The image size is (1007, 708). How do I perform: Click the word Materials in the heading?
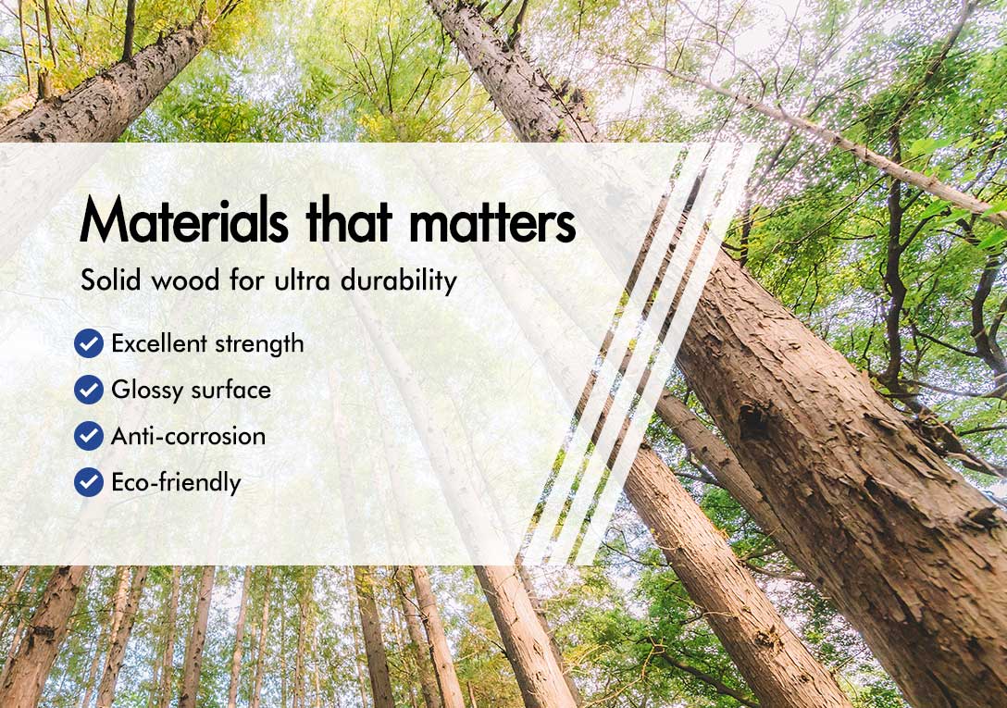[184, 219]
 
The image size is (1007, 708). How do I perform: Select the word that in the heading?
[349, 219]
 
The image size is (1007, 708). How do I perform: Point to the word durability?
[398, 280]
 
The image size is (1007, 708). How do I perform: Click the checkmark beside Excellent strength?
[89, 343]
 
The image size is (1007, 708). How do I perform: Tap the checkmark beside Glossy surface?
[89, 390]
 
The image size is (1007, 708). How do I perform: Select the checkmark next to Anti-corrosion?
[89, 436]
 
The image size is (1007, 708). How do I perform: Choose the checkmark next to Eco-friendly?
[89, 482]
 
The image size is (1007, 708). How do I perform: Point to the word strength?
[259, 344]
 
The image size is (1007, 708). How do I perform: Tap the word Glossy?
[147, 391]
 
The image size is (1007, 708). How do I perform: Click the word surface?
[231, 390]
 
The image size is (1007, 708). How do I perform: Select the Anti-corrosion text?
[188, 436]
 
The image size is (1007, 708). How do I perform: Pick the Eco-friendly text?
[176, 482]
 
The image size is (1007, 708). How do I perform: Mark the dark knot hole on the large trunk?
[754, 421]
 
